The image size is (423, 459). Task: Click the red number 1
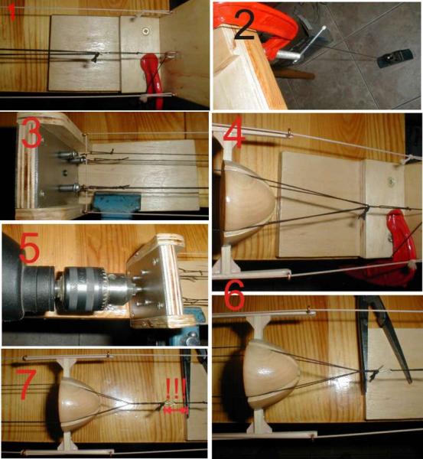[12, 12]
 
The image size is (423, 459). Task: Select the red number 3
[31, 133]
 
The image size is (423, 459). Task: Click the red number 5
[29, 248]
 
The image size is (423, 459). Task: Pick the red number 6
[234, 295]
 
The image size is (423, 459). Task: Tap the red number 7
[26, 384]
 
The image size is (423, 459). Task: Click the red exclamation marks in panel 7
[174, 389]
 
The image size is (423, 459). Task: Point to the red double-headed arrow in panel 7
[175, 410]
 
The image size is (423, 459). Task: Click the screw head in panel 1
[145, 31]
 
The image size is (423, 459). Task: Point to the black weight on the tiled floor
[395, 57]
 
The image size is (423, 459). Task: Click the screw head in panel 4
[391, 182]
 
